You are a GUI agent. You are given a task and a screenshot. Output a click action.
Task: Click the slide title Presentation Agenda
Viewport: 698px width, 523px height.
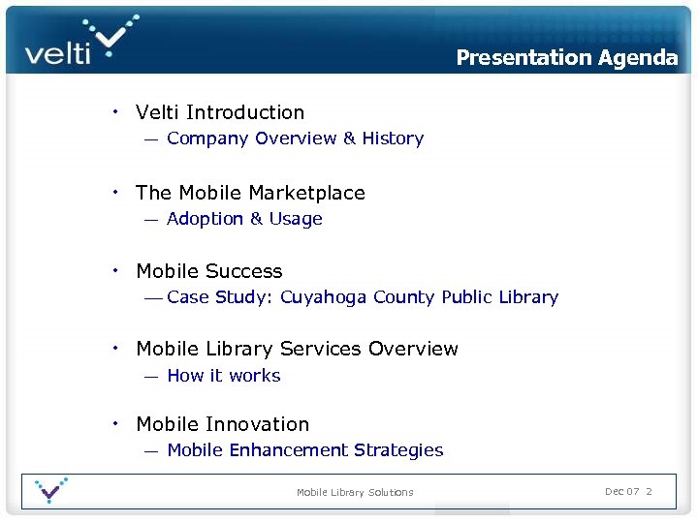click(x=567, y=57)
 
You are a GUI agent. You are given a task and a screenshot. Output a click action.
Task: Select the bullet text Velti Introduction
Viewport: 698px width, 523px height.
click(x=220, y=112)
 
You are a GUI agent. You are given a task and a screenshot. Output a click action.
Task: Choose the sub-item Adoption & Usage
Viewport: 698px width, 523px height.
click(x=244, y=219)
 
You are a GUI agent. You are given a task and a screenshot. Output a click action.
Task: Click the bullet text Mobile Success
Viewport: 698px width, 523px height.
click(x=209, y=271)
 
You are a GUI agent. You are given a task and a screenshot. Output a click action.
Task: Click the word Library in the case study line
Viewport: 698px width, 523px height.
click(x=528, y=297)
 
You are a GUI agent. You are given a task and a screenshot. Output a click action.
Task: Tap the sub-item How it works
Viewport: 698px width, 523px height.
click(x=224, y=376)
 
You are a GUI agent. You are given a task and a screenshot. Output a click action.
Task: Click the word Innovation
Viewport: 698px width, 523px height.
click(x=258, y=424)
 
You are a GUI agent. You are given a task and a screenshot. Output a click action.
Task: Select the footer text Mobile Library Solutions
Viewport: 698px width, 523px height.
click(x=355, y=492)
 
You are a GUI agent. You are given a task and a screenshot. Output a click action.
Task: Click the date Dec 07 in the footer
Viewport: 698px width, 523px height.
click(x=621, y=491)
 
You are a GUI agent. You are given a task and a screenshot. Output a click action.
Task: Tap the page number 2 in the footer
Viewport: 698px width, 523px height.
click(x=649, y=491)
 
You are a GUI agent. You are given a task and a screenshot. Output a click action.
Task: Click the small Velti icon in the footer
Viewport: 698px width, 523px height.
click(x=49, y=490)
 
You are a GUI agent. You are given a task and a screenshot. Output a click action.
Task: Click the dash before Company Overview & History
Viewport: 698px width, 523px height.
click(x=151, y=139)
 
